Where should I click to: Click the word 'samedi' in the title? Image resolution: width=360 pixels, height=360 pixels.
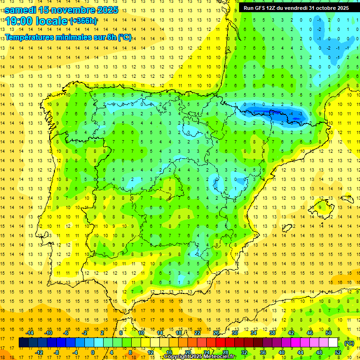[20, 9]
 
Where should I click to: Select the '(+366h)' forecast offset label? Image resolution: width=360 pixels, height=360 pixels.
[83, 21]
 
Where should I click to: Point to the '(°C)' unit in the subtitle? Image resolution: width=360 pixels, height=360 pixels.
[125, 37]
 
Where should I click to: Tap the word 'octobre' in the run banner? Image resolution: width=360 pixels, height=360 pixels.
[321, 8]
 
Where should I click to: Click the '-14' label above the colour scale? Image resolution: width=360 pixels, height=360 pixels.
[30, 333]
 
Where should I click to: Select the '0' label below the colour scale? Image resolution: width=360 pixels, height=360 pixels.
[93, 352]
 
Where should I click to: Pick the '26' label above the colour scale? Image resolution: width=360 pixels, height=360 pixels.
[216, 333]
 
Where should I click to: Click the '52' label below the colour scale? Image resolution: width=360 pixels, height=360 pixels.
[337, 352]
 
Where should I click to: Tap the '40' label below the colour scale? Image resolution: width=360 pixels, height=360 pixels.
[281, 352]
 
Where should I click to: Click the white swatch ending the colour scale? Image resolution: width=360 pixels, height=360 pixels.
[333, 343]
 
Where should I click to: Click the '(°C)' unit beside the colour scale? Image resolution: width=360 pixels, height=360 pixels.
[349, 343]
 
